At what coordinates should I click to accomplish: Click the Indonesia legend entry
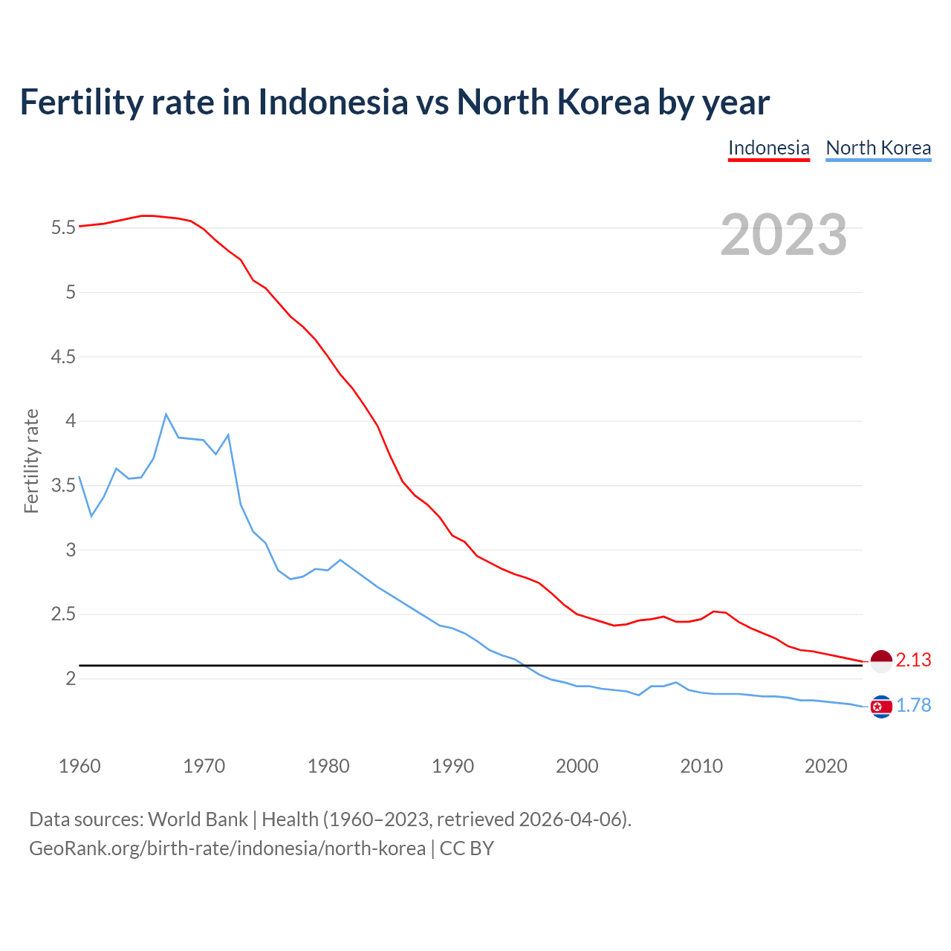pos(768,148)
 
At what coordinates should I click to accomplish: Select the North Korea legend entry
pos(878,148)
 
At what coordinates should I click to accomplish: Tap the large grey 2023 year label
pos(783,235)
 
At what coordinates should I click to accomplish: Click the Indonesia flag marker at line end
pos(880,660)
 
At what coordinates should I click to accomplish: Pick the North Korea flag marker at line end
pos(880,706)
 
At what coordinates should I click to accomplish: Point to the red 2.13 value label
pos(913,660)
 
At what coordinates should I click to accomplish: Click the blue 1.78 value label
pos(913,705)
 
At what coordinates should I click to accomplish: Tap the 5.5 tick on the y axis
pos(64,227)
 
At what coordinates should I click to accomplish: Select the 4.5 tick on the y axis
pos(64,357)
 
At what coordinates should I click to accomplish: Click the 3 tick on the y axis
pos(71,550)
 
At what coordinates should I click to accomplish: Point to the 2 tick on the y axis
pos(71,679)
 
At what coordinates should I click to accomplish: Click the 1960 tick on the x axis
pos(79,766)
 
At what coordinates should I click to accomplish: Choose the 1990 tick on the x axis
pos(452,766)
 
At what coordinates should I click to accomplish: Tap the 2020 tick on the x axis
pos(825,766)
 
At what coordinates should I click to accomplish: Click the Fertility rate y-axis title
pos(31,461)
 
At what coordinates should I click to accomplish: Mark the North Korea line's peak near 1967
pos(166,415)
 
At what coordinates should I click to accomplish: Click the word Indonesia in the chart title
pos(333,102)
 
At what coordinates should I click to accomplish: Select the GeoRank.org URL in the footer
pos(227,848)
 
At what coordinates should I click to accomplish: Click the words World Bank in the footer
pos(198,819)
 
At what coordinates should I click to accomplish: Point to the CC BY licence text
pos(467,848)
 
